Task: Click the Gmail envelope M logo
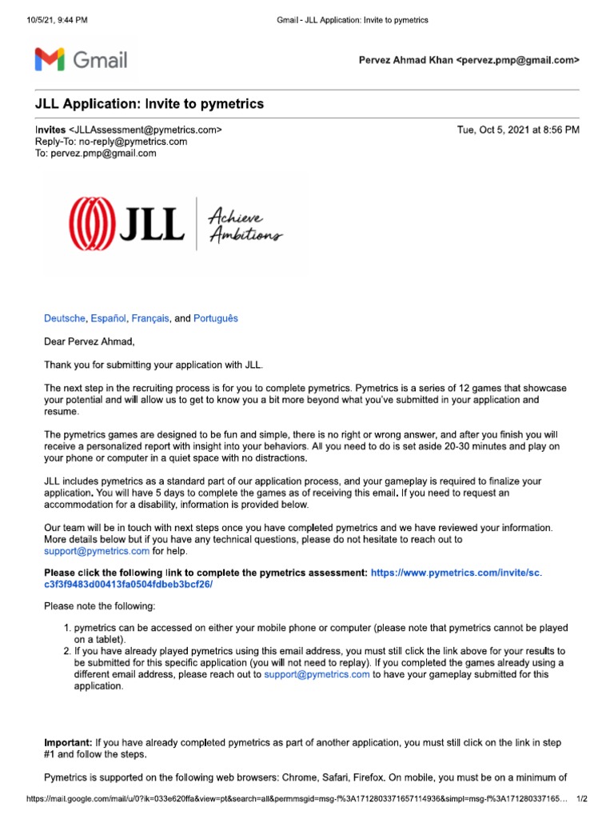(x=50, y=59)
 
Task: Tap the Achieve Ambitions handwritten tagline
(x=244, y=223)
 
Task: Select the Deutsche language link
(x=65, y=318)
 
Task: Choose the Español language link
(x=109, y=318)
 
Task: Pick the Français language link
(x=150, y=318)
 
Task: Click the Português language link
(x=216, y=318)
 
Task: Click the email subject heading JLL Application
(x=149, y=104)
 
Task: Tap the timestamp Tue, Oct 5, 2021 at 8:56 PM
(x=518, y=130)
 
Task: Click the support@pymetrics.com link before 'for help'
(x=97, y=551)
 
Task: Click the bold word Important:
(x=70, y=742)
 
